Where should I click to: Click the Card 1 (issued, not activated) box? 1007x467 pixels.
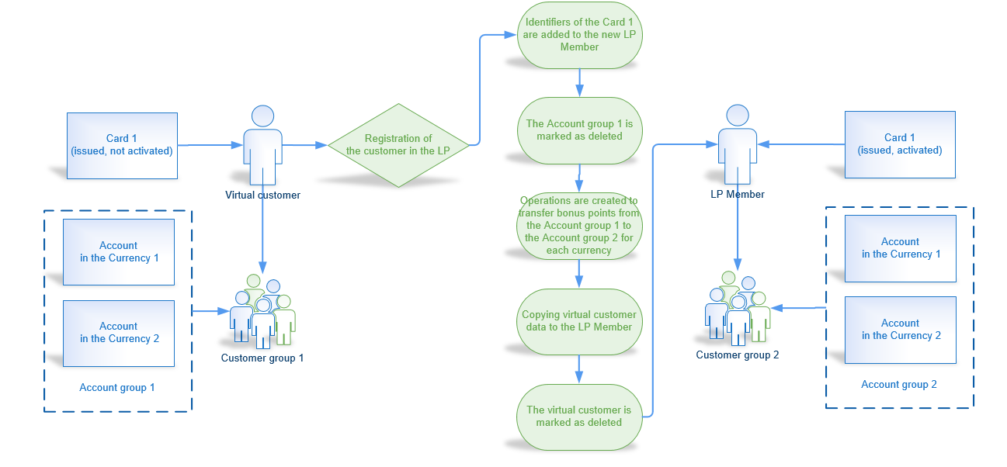[x=122, y=145]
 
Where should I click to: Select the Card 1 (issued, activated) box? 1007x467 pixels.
[x=900, y=144]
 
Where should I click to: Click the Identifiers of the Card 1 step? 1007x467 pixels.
[x=579, y=35]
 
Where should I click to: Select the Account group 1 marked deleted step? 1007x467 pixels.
[x=579, y=130]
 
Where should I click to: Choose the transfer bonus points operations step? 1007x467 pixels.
[x=579, y=225]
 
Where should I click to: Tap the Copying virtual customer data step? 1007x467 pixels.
[x=579, y=320]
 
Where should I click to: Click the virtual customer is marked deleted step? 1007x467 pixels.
[x=579, y=417]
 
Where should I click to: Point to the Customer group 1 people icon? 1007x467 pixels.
[x=262, y=312]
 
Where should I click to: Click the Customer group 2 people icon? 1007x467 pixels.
[x=737, y=309]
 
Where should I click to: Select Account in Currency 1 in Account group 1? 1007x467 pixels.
[x=119, y=252]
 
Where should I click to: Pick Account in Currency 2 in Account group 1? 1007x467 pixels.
[x=119, y=333]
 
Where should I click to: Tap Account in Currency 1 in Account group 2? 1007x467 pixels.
[x=900, y=248]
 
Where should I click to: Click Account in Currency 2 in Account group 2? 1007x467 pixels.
[x=900, y=330]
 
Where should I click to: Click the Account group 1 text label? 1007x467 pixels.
[x=117, y=387]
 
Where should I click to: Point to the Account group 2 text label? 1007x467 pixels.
[x=899, y=384]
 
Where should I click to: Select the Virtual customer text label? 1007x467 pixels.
[x=262, y=195]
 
